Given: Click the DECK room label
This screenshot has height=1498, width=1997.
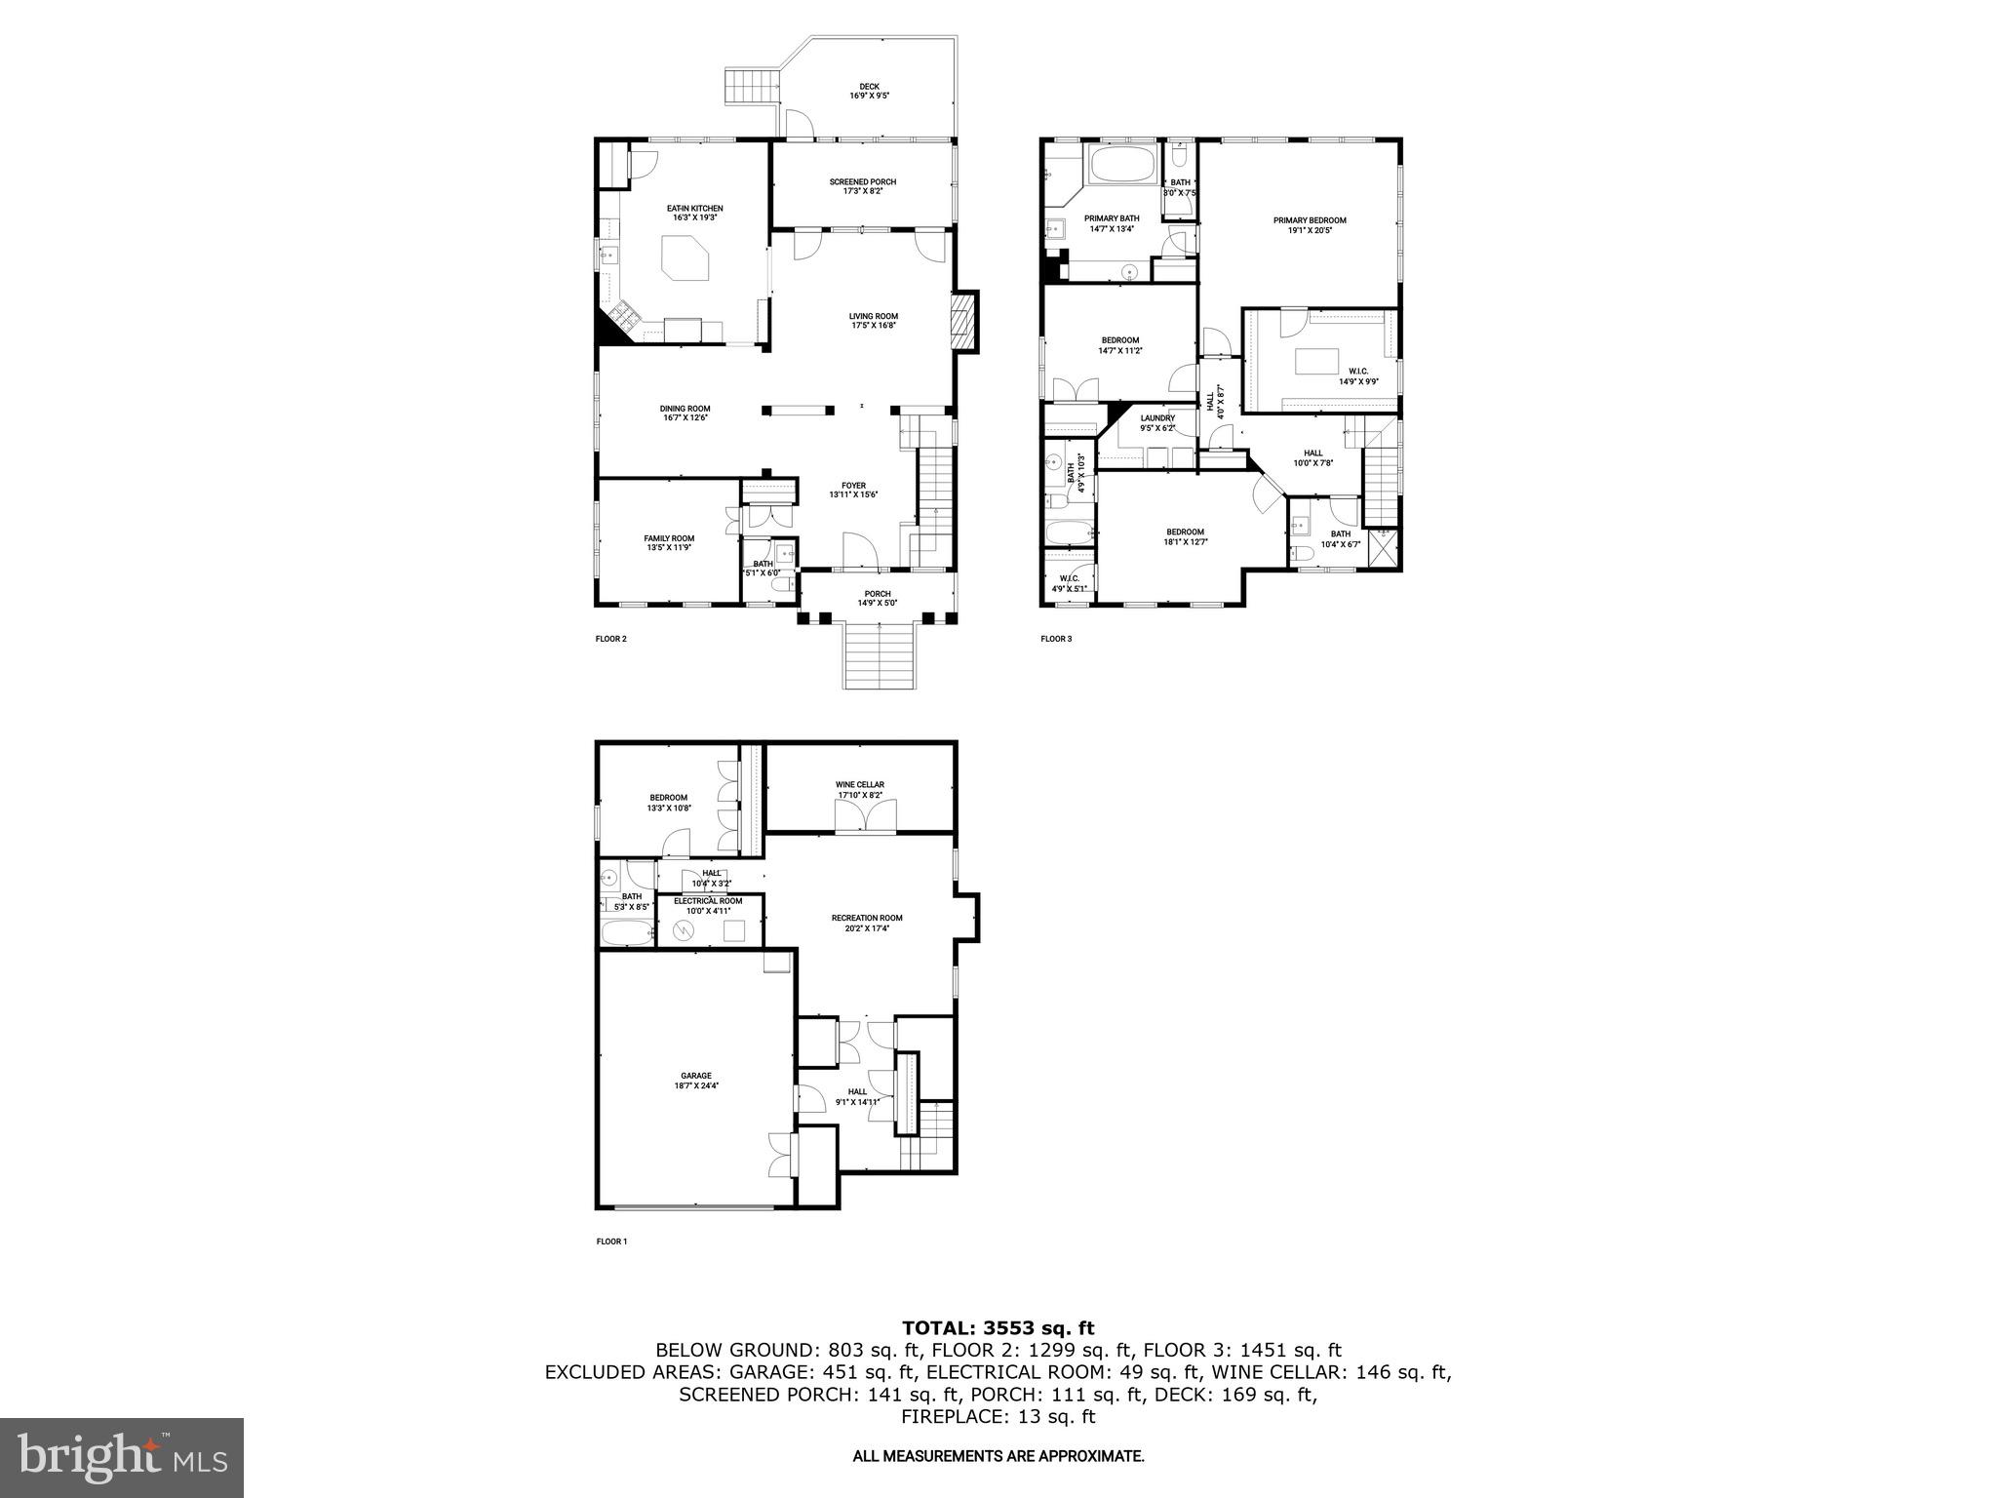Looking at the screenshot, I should coord(869,87).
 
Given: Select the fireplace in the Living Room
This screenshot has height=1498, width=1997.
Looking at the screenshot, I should coord(963,321).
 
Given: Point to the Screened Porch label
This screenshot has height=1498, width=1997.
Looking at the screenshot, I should coord(862,182).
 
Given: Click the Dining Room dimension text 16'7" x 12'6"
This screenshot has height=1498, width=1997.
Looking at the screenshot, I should coord(684,417).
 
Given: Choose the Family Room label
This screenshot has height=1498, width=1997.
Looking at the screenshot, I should coord(669,538).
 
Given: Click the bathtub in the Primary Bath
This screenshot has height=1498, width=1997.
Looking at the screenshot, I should coord(1121,165).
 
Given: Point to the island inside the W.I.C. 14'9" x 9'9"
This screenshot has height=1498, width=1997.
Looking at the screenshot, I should coord(1316,361).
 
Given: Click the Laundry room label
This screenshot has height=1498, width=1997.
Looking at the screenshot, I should coord(1157,418).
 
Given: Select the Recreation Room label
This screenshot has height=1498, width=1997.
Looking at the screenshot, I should coord(866,918).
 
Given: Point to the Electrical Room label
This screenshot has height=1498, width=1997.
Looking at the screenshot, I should coord(708,901).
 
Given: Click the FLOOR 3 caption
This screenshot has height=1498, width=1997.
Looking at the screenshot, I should coord(1056,639).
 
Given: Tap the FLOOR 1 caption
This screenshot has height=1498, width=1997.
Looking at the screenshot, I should coord(611,1242).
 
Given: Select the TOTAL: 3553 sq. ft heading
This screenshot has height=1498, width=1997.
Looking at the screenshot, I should coord(998,1327).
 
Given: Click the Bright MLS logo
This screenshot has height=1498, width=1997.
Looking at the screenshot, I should coord(122,1458).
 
